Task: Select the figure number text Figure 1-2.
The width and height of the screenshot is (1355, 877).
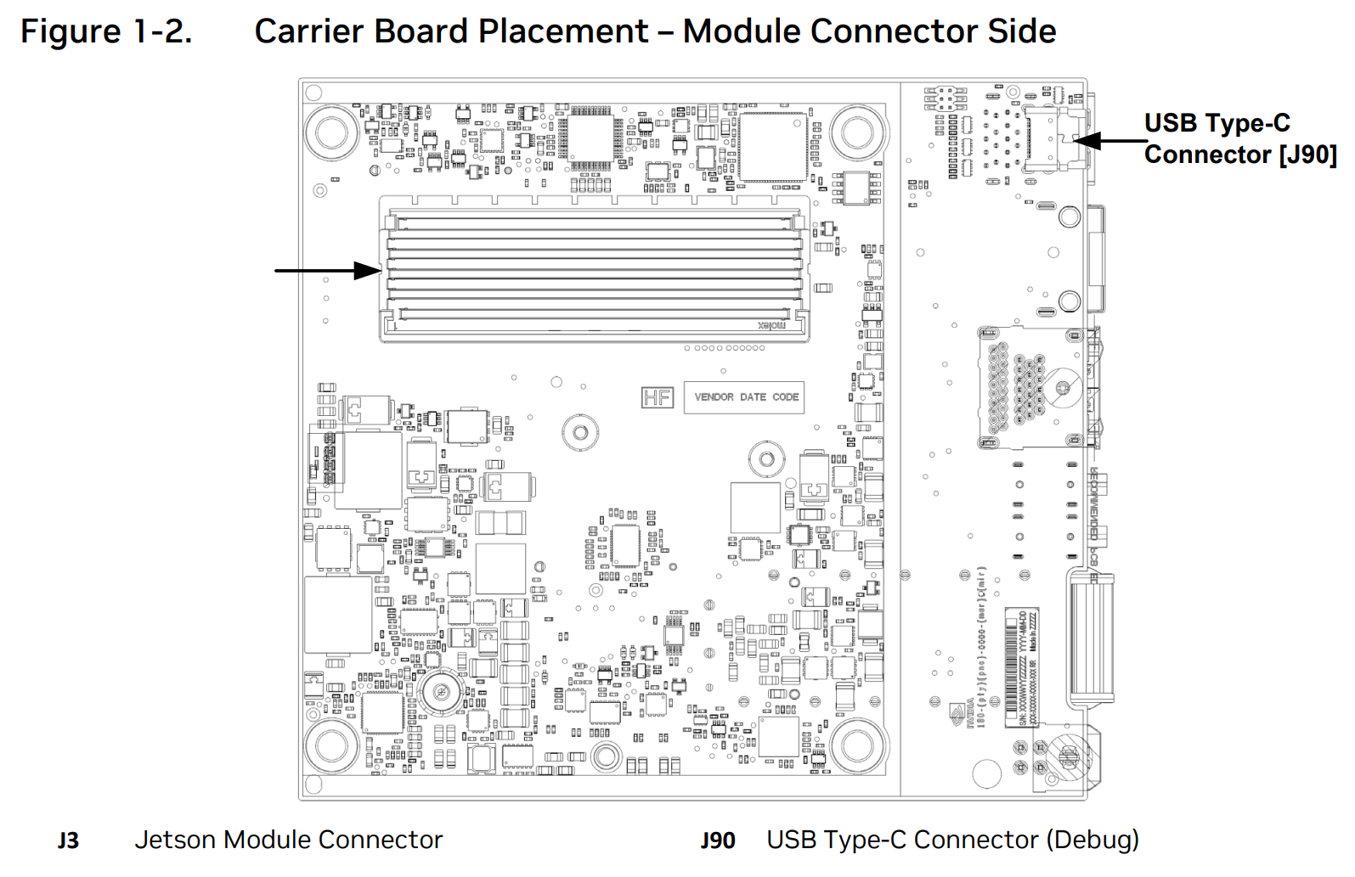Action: pyautogui.click(x=106, y=31)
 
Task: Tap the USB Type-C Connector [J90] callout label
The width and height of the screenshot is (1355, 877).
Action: pyautogui.click(x=1239, y=138)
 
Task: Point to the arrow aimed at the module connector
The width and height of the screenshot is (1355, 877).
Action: pyautogui.click(x=328, y=271)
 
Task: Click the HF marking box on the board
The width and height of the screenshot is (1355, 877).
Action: pyautogui.click(x=657, y=397)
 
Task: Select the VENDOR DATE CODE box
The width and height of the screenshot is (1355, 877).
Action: pyautogui.click(x=746, y=397)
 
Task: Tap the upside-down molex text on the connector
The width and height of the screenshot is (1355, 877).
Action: pyautogui.click(x=771, y=325)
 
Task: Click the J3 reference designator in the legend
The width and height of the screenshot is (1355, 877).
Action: pyautogui.click(x=68, y=840)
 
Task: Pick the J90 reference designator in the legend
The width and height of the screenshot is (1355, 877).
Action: pyautogui.click(x=718, y=840)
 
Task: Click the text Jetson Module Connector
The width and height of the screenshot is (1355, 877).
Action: pyautogui.click(x=289, y=840)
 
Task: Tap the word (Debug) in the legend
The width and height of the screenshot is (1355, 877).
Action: pyautogui.click(x=1092, y=840)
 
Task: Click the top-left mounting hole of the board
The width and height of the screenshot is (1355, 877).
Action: pyautogui.click(x=331, y=133)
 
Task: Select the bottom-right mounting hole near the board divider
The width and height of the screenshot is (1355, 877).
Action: pyautogui.click(x=856, y=746)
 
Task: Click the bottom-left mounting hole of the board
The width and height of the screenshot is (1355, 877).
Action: pyautogui.click(x=331, y=746)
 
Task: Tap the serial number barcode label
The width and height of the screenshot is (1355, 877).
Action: pyautogui.click(x=1022, y=666)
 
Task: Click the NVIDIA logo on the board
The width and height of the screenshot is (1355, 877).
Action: pyautogui.click(x=959, y=713)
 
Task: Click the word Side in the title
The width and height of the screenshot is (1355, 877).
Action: pyautogui.click(x=1021, y=31)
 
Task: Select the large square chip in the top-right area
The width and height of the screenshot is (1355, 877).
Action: pyautogui.click(x=772, y=146)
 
